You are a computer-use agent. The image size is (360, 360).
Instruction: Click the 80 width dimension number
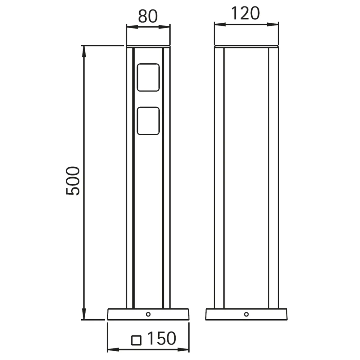click(148, 16)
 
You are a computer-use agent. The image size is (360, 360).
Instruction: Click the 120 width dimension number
click(245, 14)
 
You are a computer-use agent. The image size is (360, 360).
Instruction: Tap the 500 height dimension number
click(73, 181)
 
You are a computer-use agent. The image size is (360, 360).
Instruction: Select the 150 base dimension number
click(162, 338)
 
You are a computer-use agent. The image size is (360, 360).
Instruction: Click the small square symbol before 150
click(136, 340)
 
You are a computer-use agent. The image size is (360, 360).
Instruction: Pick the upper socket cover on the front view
click(148, 77)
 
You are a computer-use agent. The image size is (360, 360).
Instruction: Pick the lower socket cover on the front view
click(148, 121)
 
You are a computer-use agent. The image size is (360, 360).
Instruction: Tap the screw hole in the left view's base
click(148, 314)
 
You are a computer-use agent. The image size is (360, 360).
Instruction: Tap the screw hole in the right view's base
click(246, 314)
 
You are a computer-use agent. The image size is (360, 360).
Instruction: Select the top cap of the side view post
click(246, 47)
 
